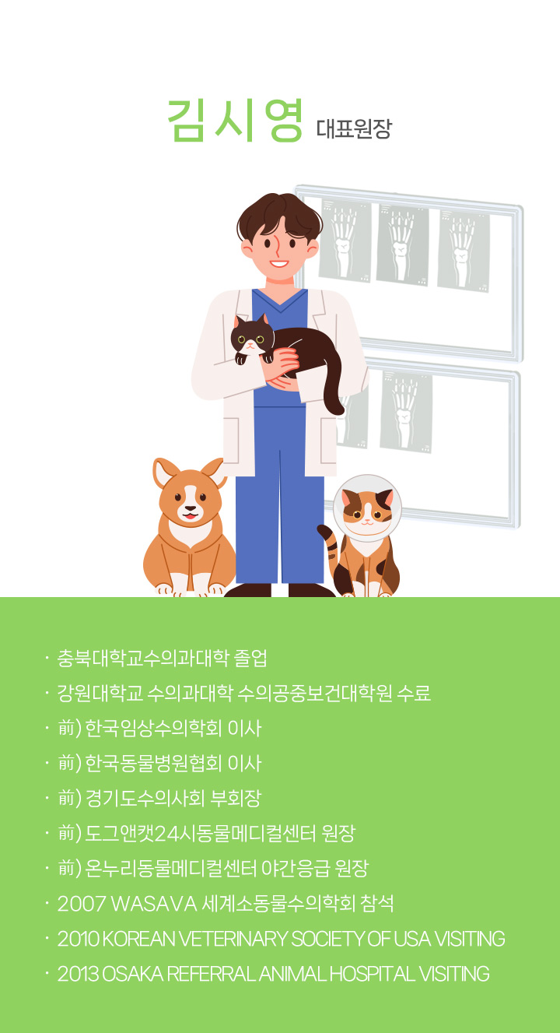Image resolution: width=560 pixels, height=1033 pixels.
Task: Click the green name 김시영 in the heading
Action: point(234,121)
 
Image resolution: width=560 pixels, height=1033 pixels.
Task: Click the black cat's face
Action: point(252,339)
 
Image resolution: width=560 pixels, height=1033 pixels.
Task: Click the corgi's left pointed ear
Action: point(164,473)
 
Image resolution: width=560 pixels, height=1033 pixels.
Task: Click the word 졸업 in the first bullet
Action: point(250,658)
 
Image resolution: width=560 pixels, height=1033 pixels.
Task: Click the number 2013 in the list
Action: point(78,974)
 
